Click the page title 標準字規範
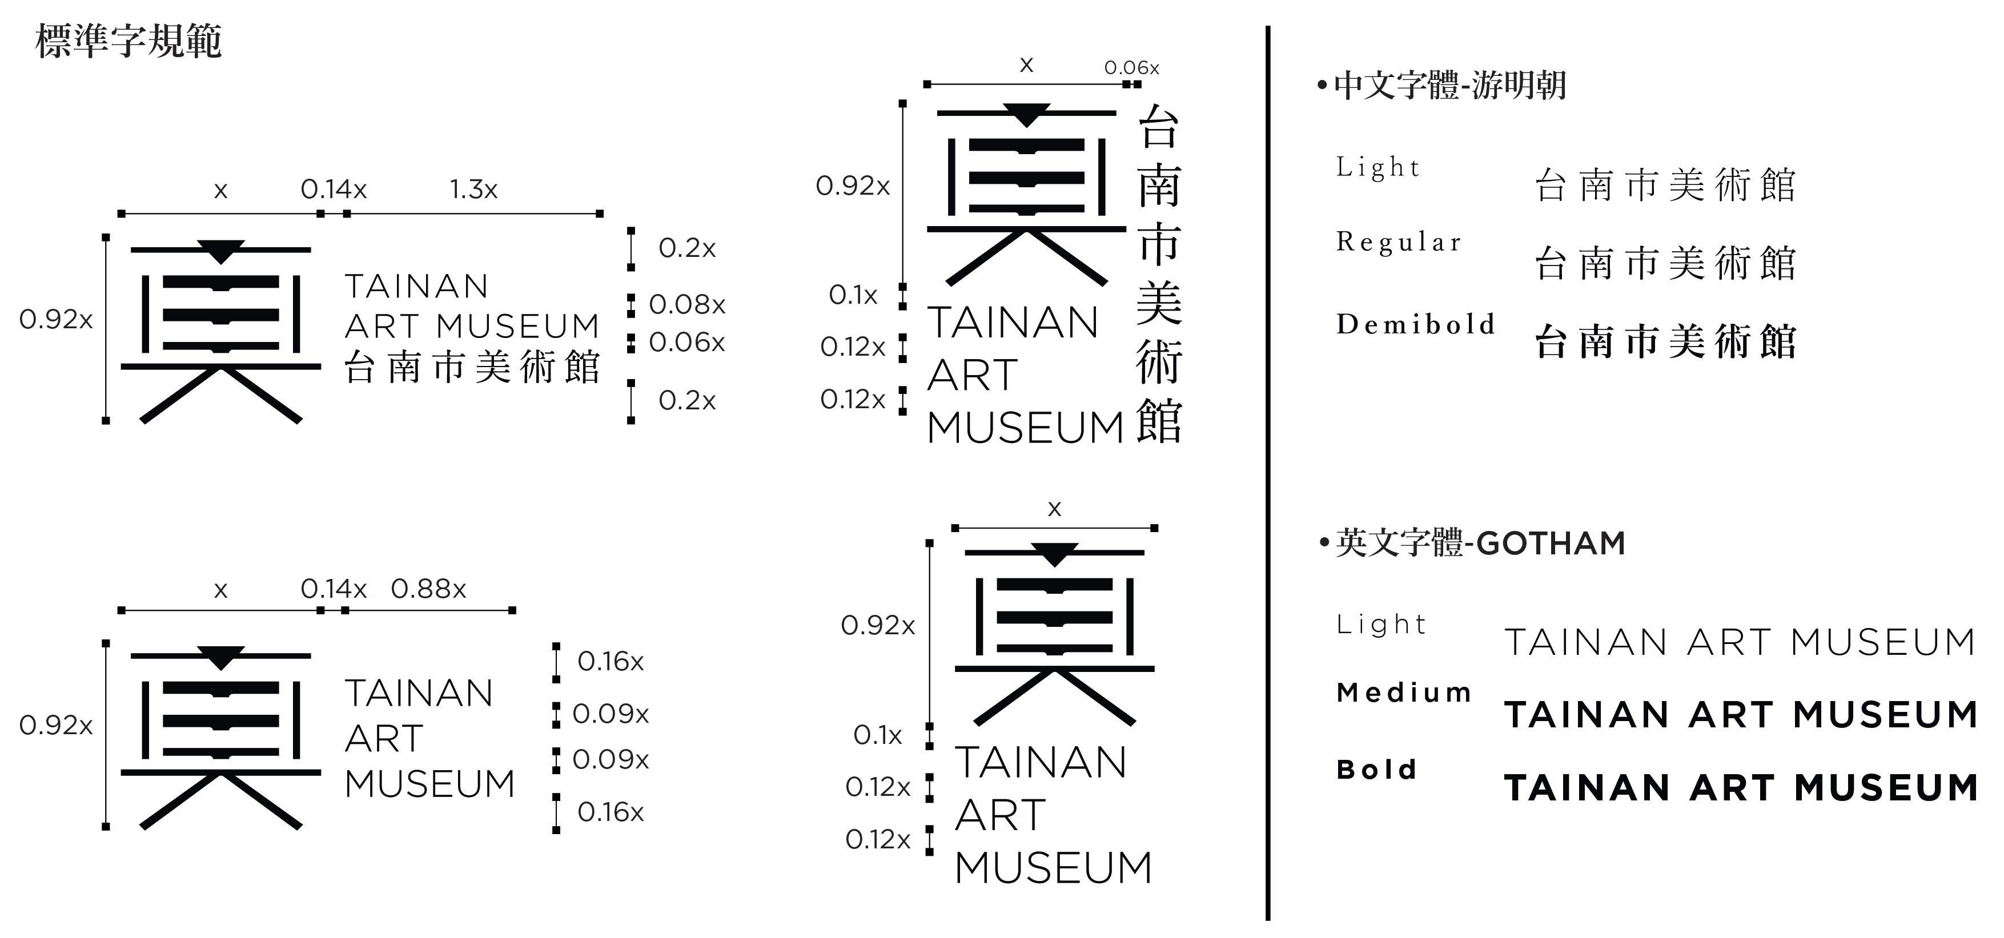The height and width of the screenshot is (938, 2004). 129,41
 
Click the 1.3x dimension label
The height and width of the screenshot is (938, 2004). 473,189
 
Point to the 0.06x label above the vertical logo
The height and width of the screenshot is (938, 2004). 1131,68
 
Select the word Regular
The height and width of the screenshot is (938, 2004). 1399,242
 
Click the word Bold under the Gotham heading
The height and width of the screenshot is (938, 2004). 1376,768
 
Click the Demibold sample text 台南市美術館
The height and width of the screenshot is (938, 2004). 1665,342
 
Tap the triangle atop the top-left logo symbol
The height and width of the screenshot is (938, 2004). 221,251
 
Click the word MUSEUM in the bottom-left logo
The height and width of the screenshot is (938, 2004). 429,783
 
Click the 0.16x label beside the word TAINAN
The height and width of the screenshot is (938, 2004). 611,661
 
